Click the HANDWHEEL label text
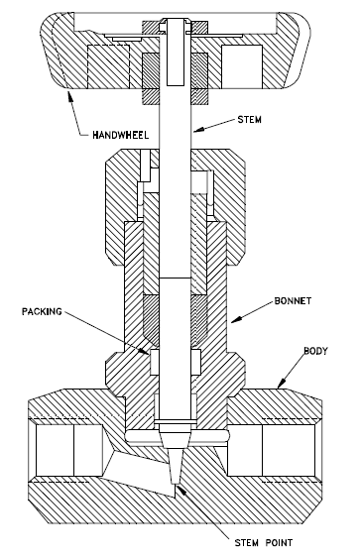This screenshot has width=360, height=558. click(x=120, y=135)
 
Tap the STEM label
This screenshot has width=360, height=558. click(x=249, y=120)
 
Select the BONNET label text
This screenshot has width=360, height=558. click(x=293, y=300)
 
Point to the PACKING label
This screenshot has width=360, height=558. click(x=42, y=312)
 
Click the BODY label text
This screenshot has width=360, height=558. click(x=315, y=351)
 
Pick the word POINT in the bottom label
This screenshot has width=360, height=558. click(x=279, y=543)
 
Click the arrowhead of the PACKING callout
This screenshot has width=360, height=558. click(x=144, y=351)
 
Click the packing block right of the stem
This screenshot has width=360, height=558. click(x=195, y=362)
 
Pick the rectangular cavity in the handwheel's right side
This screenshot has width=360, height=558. click(x=242, y=66)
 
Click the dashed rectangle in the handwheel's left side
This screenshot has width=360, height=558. click(x=109, y=66)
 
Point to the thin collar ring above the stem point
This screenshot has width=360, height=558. click(x=176, y=422)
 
